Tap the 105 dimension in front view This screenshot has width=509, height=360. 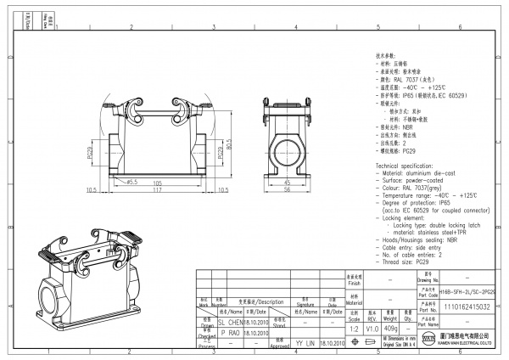pos(156,182)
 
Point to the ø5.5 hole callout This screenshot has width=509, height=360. pos(131,182)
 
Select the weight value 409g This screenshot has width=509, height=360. pos(391,328)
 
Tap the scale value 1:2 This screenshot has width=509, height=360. pos(354,328)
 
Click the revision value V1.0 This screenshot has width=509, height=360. pos(372,328)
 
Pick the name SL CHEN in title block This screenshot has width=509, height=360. pos(231,323)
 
